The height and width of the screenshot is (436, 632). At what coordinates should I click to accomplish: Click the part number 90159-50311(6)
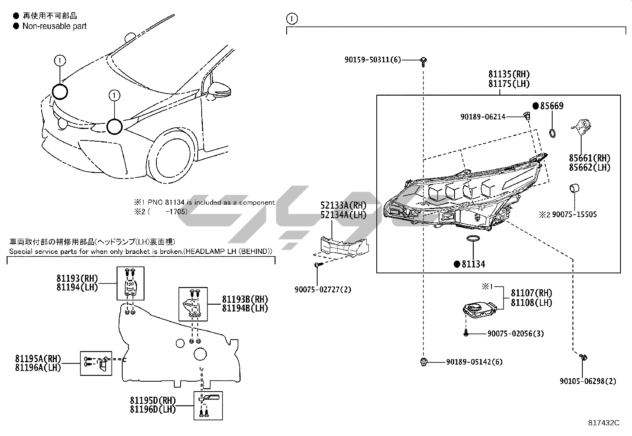pos(372,60)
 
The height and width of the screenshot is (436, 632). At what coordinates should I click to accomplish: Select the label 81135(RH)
pos(509,74)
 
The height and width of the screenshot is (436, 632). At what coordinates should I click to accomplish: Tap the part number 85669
pos(551,106)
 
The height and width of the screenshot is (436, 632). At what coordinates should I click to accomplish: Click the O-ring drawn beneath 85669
pos(552,133)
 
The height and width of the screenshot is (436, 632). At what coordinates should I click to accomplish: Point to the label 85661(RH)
pos(590,158)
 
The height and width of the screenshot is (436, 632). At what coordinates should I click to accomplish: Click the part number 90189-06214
pos(483,117)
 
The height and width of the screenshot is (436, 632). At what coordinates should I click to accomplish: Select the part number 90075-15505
pos(574,215)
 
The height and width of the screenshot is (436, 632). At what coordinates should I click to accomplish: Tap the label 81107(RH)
pos(531,293)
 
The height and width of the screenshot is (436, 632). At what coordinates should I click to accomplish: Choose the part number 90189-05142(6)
pos(474,362)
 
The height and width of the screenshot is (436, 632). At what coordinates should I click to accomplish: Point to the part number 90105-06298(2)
pos(588,381)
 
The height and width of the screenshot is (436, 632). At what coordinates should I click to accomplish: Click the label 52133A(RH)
pos(343,206)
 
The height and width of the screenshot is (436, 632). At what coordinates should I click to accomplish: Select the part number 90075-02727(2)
pos(323,290)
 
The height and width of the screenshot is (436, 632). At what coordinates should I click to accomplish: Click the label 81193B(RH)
pos(245,299)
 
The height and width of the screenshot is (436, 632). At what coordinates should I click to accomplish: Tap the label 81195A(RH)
pos(38,358)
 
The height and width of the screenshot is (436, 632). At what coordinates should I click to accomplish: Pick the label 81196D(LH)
pos(152,409)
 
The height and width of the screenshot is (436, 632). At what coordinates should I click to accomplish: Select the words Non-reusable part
pos(54,26)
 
